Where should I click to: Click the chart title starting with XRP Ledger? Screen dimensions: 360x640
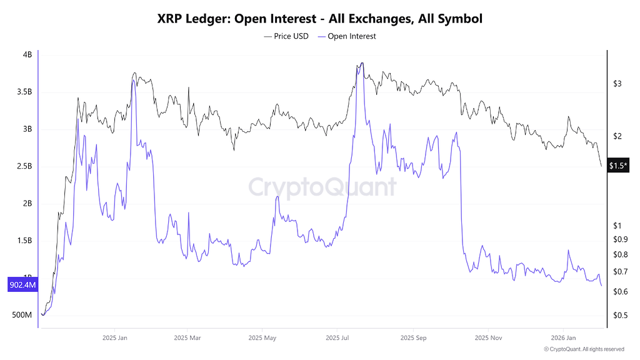[319, 19]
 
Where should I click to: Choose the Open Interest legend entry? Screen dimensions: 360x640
[347, 36]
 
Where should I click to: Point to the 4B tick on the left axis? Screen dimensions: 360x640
[27, 55]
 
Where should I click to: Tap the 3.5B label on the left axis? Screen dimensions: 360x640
[24, 92]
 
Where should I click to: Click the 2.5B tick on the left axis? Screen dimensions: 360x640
[24, 166]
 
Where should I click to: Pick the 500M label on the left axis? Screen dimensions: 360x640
[22, 315]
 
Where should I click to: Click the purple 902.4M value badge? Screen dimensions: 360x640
[22, 285]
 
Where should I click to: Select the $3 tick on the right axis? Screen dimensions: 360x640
[617, 83]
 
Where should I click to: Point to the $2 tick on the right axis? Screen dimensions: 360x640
[617, 136]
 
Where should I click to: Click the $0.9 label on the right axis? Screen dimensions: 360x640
[620, 239]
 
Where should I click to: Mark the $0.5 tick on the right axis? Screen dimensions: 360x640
[620, 316]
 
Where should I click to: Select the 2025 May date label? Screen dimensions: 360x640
[262, 337]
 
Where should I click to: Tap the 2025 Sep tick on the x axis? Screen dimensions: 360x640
[412, 337]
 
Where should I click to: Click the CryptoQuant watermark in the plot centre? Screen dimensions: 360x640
[322, 187]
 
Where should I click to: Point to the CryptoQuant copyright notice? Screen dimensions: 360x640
[584, 349]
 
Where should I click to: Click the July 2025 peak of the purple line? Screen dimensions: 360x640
[361, 63]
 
